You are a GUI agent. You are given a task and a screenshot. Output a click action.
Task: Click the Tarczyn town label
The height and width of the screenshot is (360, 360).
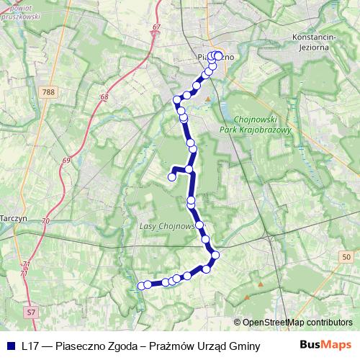(x=13, y=217)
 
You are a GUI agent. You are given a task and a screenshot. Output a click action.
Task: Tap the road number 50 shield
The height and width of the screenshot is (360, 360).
(x=346, y=256)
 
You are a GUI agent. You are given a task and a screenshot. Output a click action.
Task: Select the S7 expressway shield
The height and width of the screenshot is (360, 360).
(x=30, y=312)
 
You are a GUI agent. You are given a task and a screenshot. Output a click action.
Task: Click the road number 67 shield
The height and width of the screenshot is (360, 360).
(x=156, y=27)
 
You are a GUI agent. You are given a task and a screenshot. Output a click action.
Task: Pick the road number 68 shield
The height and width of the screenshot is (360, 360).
(x=104, y=96)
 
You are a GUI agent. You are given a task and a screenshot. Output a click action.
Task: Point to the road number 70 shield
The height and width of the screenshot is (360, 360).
(x=46, y=220)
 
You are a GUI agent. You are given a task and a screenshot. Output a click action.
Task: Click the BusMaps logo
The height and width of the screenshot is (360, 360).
(x=326, y=345)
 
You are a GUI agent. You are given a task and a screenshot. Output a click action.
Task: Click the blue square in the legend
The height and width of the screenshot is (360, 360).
(x=11, y=346)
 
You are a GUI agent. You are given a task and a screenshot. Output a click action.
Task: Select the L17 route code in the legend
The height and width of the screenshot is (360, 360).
(x=31, y=346)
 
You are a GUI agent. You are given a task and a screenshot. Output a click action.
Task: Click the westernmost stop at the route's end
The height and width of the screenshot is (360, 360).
(x=140, y=286)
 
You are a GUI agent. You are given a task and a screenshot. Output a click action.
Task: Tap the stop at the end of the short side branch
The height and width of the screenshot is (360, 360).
(x=171, y=176)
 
